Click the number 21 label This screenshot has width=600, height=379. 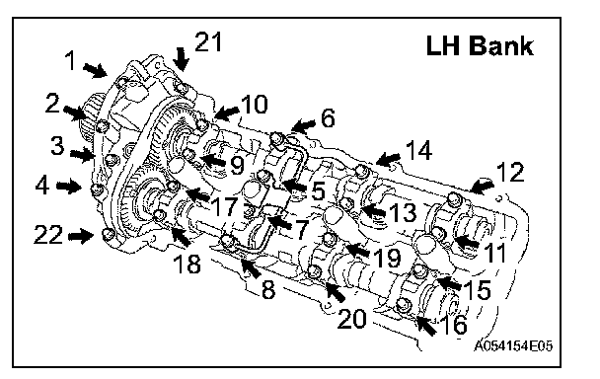click(208, 41)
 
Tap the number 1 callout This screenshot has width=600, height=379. click(70, 60)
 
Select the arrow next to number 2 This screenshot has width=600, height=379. click(75, 113)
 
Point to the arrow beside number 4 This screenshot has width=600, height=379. click(69, 187)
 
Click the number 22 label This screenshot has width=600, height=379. click(48, 234)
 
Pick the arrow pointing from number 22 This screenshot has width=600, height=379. click(81, 236)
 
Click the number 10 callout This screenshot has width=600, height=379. click(254, 105)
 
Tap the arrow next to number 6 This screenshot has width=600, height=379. click(303, 125)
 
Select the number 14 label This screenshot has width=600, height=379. click(418, 150)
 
